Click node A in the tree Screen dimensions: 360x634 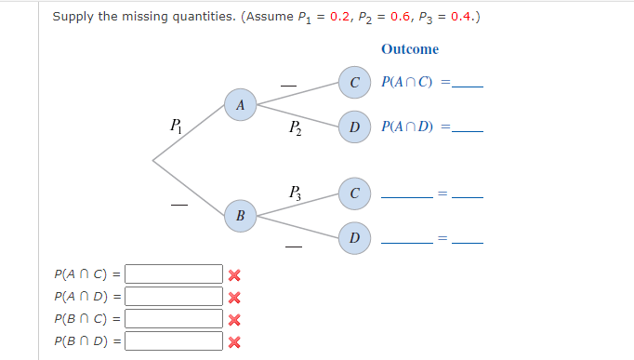coord(241,105)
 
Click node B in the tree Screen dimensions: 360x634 coord(241,216)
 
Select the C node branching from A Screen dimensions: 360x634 coord(353,83)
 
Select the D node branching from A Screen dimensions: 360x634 coord(353,127)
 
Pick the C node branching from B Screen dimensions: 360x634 coord(353,193)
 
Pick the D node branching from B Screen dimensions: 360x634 coord(353,238)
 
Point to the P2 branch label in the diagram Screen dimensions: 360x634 coord(294,127)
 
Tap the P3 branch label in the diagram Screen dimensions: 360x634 coord(294,193)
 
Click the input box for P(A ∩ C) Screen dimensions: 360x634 coord(174,274)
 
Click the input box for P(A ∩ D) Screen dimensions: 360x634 coord(174,297)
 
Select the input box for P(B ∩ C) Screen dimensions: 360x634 coord(174,319)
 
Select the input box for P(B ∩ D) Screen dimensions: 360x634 coord(174,341)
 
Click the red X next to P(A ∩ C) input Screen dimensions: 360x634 coord(234,275)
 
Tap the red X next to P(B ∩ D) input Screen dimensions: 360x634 coord(234,341)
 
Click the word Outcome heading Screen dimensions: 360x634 coord(409,49)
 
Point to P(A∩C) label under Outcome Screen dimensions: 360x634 coord(407,83)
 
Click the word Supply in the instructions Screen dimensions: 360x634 coord(72,17)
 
